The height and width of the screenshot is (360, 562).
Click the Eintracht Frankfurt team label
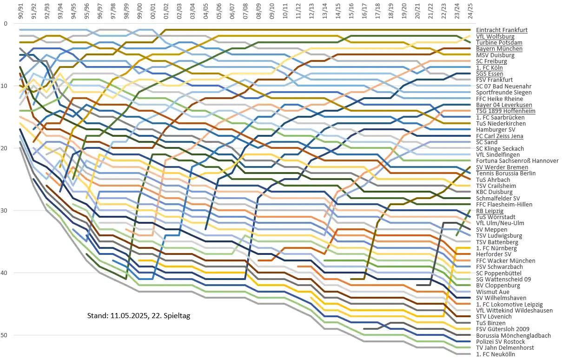click(502, 30)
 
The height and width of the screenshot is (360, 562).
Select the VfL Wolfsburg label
click(495, 36)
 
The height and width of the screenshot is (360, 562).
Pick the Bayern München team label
click(499, 49)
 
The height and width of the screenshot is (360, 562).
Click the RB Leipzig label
click(490, 211)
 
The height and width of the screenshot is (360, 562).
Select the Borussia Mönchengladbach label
click(513, 335)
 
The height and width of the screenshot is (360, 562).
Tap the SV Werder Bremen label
click(502, 167)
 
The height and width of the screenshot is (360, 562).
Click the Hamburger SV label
click(495, 130)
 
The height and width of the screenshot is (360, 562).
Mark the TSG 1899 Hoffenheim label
click(506, 111)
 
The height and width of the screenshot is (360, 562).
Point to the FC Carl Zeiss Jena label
click(500, 136)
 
